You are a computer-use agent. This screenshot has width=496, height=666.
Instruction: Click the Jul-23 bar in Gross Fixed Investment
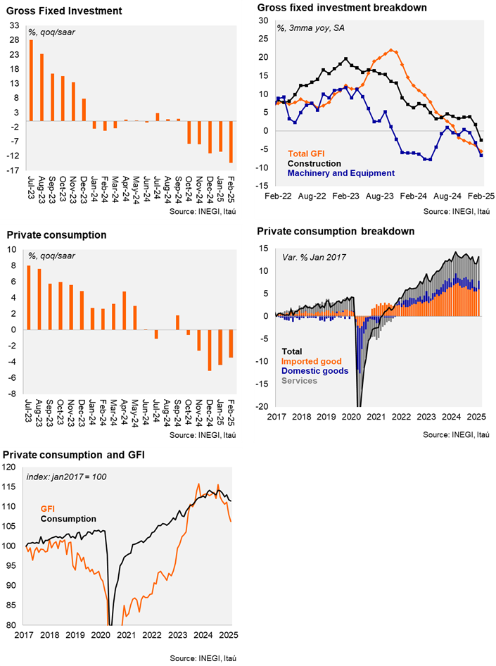point(31,80)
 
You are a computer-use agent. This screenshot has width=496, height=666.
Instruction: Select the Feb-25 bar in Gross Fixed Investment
point(231,142)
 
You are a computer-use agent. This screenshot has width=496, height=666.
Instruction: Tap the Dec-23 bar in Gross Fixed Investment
point(84,110)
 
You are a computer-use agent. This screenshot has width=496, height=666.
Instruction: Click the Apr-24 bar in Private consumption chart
point(125,310)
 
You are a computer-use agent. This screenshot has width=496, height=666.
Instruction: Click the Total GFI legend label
point(306,153)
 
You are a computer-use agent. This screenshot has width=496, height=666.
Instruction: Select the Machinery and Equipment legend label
point(341,173)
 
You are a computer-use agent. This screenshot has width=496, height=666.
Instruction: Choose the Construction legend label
point(314,163)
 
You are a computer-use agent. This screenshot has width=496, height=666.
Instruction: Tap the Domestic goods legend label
point(314,371)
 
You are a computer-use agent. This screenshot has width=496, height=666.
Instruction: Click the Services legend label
point(299,381)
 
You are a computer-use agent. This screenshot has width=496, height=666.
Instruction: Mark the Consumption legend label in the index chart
point(68,519)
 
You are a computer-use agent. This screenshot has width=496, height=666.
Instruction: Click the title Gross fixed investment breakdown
point(342,8)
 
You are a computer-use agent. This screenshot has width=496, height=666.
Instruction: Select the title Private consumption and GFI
point(74,455)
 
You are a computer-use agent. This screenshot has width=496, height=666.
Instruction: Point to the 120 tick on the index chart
point(9,467)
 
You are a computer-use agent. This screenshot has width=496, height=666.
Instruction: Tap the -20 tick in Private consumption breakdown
point(262,406)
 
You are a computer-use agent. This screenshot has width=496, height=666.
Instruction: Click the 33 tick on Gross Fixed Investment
point(14,25)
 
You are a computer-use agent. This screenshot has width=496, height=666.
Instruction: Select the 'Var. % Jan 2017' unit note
point(314,258)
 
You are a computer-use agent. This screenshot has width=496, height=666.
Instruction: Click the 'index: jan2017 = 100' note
point(67,477)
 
